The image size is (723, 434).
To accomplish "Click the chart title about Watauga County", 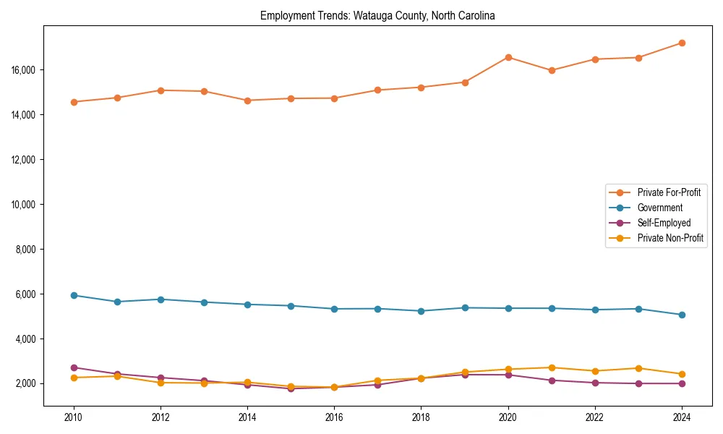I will [x=377, y=16].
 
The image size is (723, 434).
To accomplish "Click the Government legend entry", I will [x=659, y=208].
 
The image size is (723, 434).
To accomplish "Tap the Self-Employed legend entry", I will [x=664, y=223].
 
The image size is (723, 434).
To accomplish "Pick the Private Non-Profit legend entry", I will [x=670, y=238].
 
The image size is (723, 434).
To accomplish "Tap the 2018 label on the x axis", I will [x=421, y=417].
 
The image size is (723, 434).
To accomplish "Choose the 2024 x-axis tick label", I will [x=682, y=417].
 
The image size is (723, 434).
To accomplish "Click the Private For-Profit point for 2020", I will [x=508, y=57].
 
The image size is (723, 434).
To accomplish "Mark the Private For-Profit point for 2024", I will [x=682, y=43].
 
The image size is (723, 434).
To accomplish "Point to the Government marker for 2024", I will [x=682, y=315].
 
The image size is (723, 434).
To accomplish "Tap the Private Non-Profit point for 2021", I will [x=552, y=367].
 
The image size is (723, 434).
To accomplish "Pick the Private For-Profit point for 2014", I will [x=247, y=101].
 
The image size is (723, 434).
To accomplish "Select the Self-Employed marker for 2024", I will [x=682, y=383].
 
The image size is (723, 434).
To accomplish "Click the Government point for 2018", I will [x=421, y=311].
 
